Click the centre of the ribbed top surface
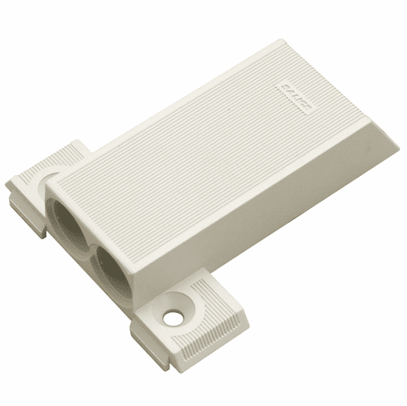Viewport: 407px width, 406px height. click(x=208, y=149)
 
